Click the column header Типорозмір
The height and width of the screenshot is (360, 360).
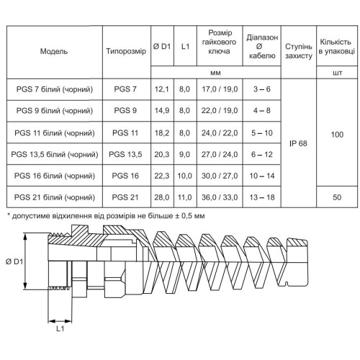point(126,51)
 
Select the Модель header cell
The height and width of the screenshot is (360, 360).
point(54,51)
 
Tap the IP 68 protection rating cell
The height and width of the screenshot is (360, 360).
point(298,143)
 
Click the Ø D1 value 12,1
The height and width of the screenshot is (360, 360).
point(162,89)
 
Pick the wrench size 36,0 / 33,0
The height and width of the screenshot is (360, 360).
point(220,197)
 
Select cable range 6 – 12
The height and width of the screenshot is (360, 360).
point(262,154)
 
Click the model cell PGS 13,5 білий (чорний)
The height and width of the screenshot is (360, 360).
point(55,154)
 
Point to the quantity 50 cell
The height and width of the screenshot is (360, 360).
point(337,197)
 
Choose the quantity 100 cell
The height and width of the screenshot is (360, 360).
point(337,135)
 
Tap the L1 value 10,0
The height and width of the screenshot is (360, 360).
point(184,176)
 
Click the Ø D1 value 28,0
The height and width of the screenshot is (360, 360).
point(162,197)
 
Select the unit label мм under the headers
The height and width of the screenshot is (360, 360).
point(215,73)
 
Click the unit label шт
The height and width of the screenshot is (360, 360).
point(337,73)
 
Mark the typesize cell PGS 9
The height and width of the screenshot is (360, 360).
point(125,111)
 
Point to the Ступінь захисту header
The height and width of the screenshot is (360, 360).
point(299,51)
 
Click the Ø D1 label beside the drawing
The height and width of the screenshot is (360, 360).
point(14,261)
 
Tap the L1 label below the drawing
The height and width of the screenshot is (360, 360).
point(60,328)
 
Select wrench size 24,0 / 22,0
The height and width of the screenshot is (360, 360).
point(220,133)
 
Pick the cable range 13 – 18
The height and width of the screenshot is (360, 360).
point(262,197)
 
